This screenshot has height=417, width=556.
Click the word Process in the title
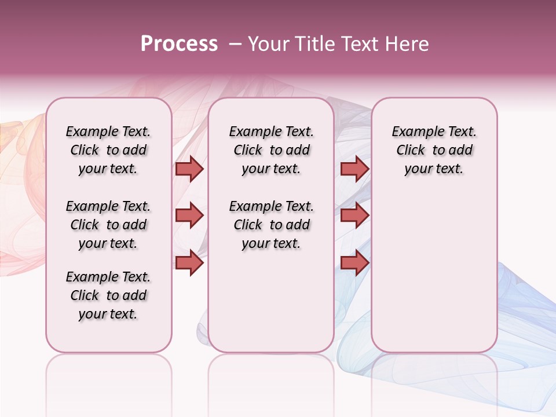(x=179, y=44)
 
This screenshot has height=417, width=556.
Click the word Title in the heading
(x=312, y=44)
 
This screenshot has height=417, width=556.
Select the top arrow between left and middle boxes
(x=189, y=169)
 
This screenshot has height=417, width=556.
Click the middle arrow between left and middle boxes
(x=189, y=215)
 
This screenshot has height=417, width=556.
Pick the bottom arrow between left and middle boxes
(x=189, y=262)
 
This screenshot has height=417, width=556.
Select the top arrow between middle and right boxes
(x=354, y=169)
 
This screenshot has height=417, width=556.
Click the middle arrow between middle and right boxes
(x=354, y=215)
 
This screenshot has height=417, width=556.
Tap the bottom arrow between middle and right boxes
(x=354, y=262)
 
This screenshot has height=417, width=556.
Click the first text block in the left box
(x=108, y=150)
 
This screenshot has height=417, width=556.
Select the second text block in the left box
(x=108, y=225)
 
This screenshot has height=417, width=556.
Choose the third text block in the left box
(x=108, y=295)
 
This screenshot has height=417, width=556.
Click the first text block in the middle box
(x=271, y=150)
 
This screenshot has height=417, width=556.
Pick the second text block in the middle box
(x=271, y=225)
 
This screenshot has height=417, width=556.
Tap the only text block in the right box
(x=434, y=150)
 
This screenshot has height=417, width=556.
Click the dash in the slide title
(x=235, y=44)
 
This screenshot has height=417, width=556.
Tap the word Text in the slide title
(x=357, y=44)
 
